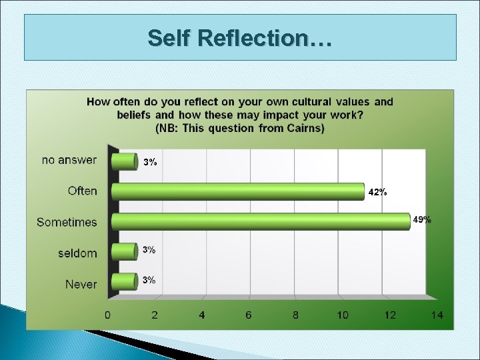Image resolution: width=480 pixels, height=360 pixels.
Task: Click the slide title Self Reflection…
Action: pos(240,38)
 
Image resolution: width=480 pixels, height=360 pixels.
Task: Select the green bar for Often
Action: pos(238,192)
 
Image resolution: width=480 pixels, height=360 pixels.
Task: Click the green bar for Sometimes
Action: pos(260,221)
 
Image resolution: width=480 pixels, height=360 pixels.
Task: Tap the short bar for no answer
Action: pos(124,161)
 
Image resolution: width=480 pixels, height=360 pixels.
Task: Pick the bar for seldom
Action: pos(124,251)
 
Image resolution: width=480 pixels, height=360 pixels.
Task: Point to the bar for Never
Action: pos(124,281)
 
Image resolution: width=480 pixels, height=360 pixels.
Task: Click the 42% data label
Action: pos(377,192)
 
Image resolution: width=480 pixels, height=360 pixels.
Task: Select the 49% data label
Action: pos(422,219)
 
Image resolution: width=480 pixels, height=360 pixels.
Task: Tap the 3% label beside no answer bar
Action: pos(150,162)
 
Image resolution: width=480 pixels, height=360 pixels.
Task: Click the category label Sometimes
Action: pos(67,222)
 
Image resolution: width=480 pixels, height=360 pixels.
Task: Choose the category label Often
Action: pos(82,191)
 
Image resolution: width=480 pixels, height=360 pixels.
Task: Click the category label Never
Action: pos(81,285)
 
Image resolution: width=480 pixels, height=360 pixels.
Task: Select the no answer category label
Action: pos(69,160)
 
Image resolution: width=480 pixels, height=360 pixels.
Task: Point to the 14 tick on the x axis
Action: pos(437,315)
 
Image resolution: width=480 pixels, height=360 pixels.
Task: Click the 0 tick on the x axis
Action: pos(107,315)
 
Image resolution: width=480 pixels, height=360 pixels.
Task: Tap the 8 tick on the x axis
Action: pos(295,315)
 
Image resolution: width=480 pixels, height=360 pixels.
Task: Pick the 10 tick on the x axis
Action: pos(342,315)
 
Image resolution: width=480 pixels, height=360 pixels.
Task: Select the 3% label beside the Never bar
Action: pos(149,280)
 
